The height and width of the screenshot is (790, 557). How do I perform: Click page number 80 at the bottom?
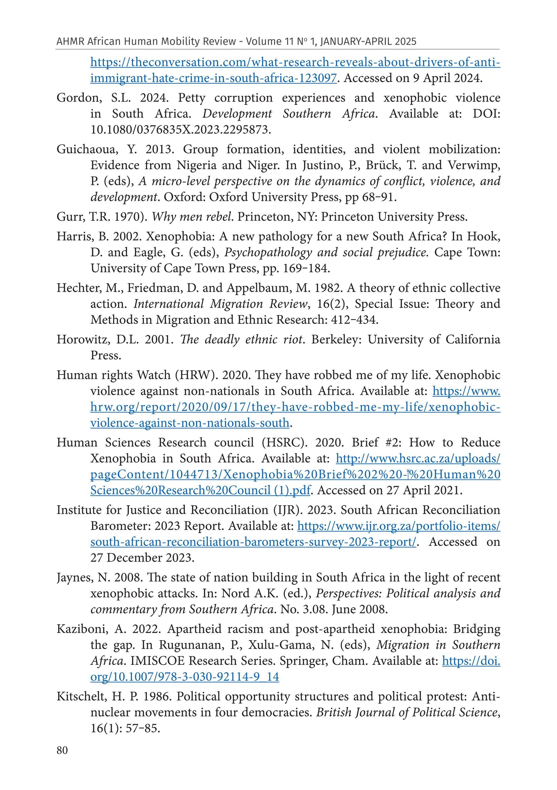pos(62,750)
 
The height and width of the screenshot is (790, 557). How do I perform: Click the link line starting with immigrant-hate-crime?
pos(213,78)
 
